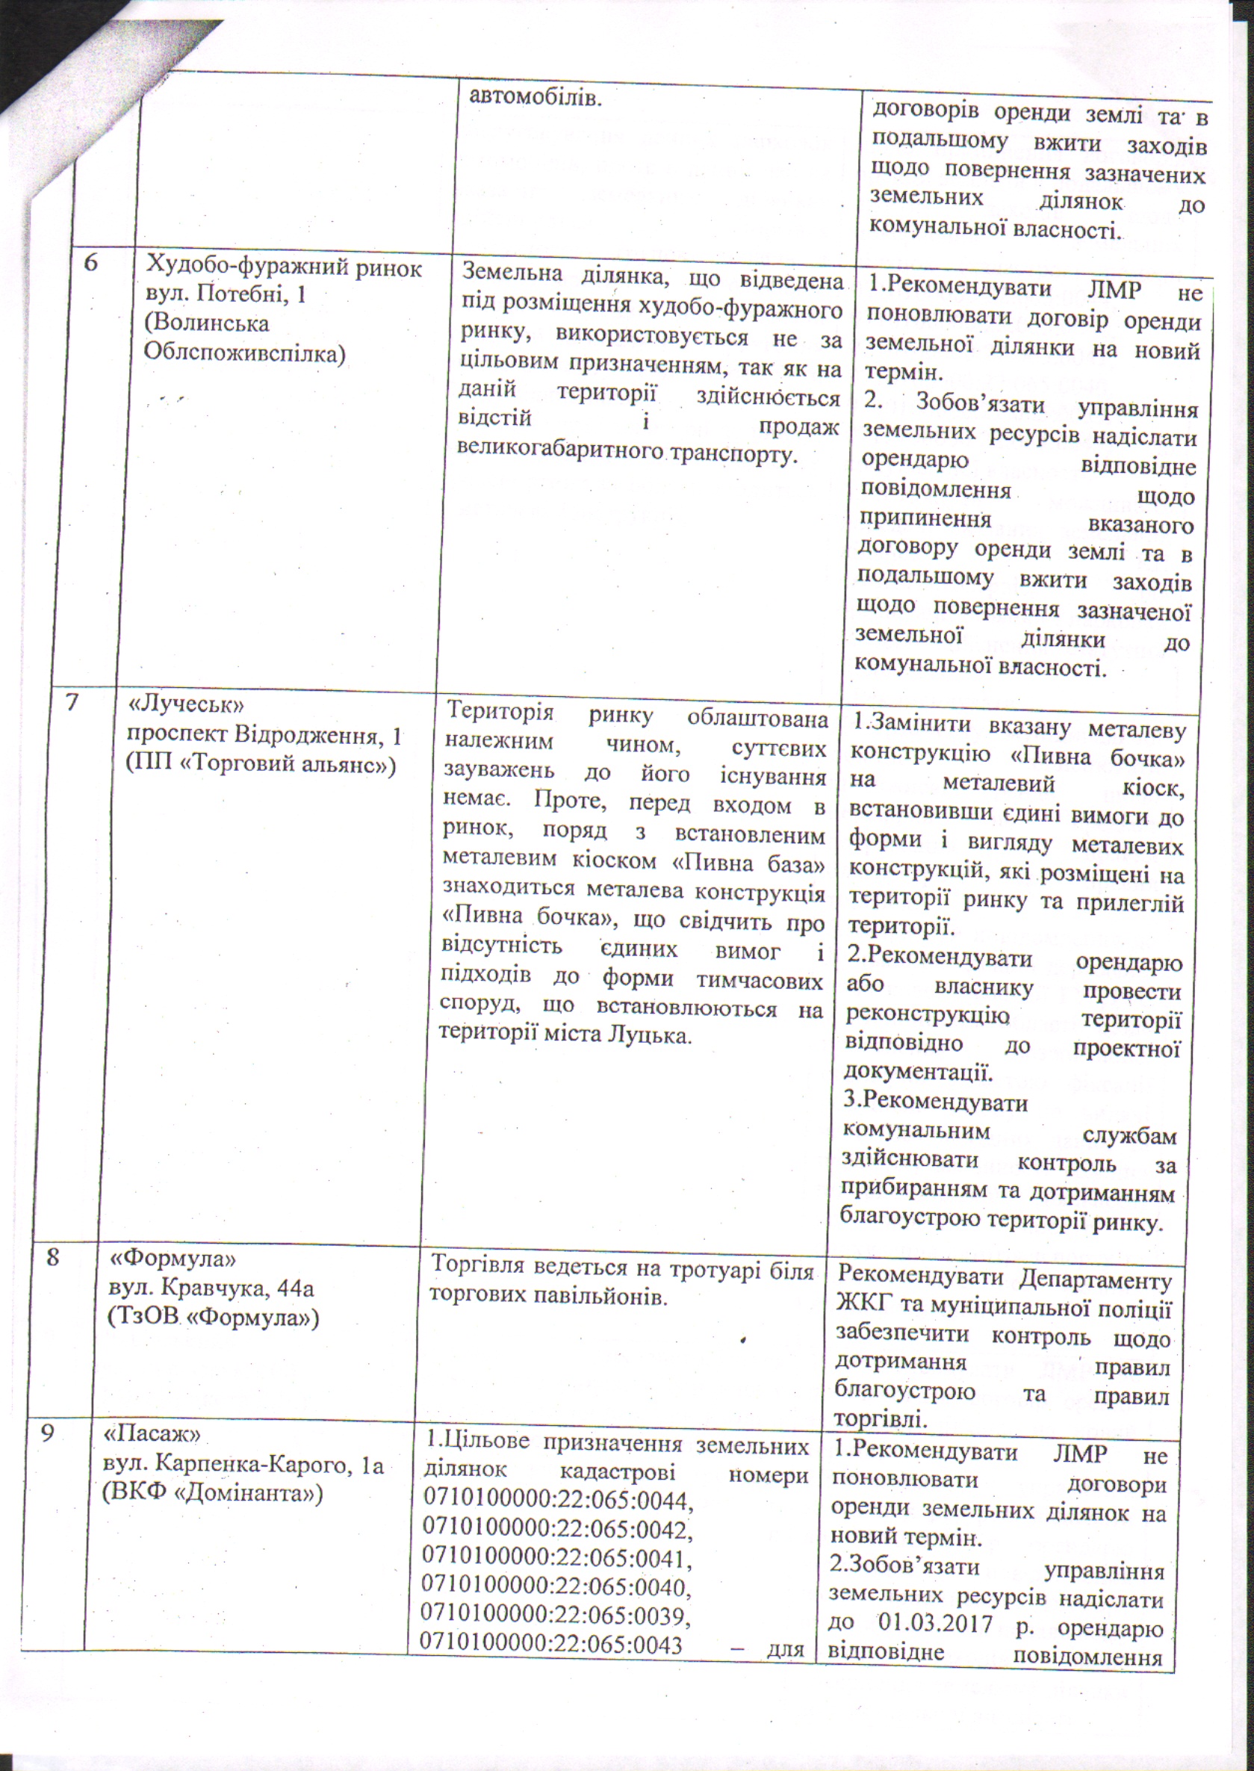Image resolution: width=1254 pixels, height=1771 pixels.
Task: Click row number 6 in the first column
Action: pos(92,262)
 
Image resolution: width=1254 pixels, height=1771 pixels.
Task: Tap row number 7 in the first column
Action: pos(72,704)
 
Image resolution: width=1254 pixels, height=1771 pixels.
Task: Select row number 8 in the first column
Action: pos(52,1258)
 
